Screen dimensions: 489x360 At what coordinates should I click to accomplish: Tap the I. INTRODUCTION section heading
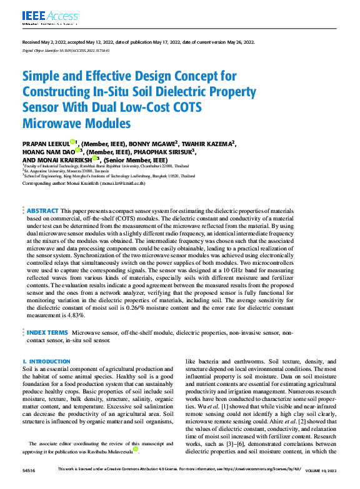tap(46, 362)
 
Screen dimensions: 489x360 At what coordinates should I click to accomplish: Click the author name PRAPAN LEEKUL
tap(46, 143)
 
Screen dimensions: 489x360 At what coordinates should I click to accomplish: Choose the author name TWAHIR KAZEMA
tap(208, 143)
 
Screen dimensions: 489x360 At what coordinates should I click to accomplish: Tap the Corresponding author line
tap(84, 184)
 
